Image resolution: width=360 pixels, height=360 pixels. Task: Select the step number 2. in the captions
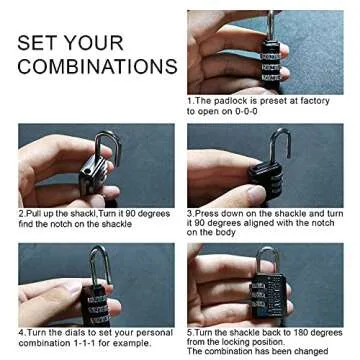tap(21, 213)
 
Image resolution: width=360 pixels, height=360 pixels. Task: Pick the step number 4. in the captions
tap(21, 332)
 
